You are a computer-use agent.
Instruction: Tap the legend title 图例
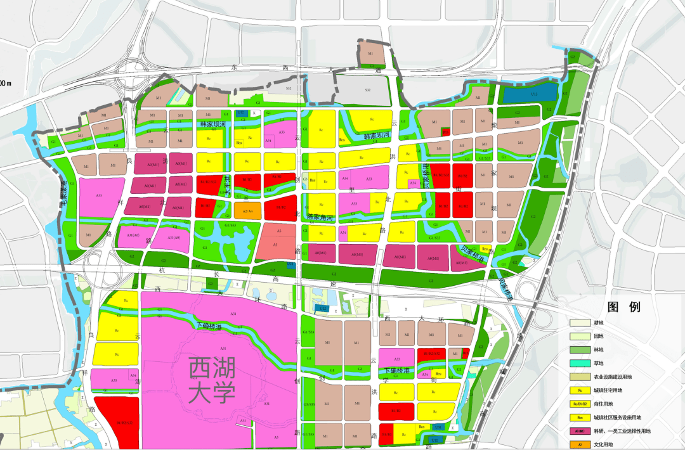click(624, 307)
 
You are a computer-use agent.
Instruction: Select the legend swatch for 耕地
click(580, 323)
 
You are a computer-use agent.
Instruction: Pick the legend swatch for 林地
click(580, 349)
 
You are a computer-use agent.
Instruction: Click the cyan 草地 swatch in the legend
click(580, 363)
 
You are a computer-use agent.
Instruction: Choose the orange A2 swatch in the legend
click(580, 445)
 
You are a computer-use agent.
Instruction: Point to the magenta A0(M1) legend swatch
click(580, 431)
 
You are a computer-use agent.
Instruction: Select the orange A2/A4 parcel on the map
click(247, 212)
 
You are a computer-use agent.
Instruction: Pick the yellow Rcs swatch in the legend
click(580, 418)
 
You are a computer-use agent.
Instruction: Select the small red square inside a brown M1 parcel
click(446, 132)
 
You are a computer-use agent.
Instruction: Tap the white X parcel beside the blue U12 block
click(254, 113)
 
